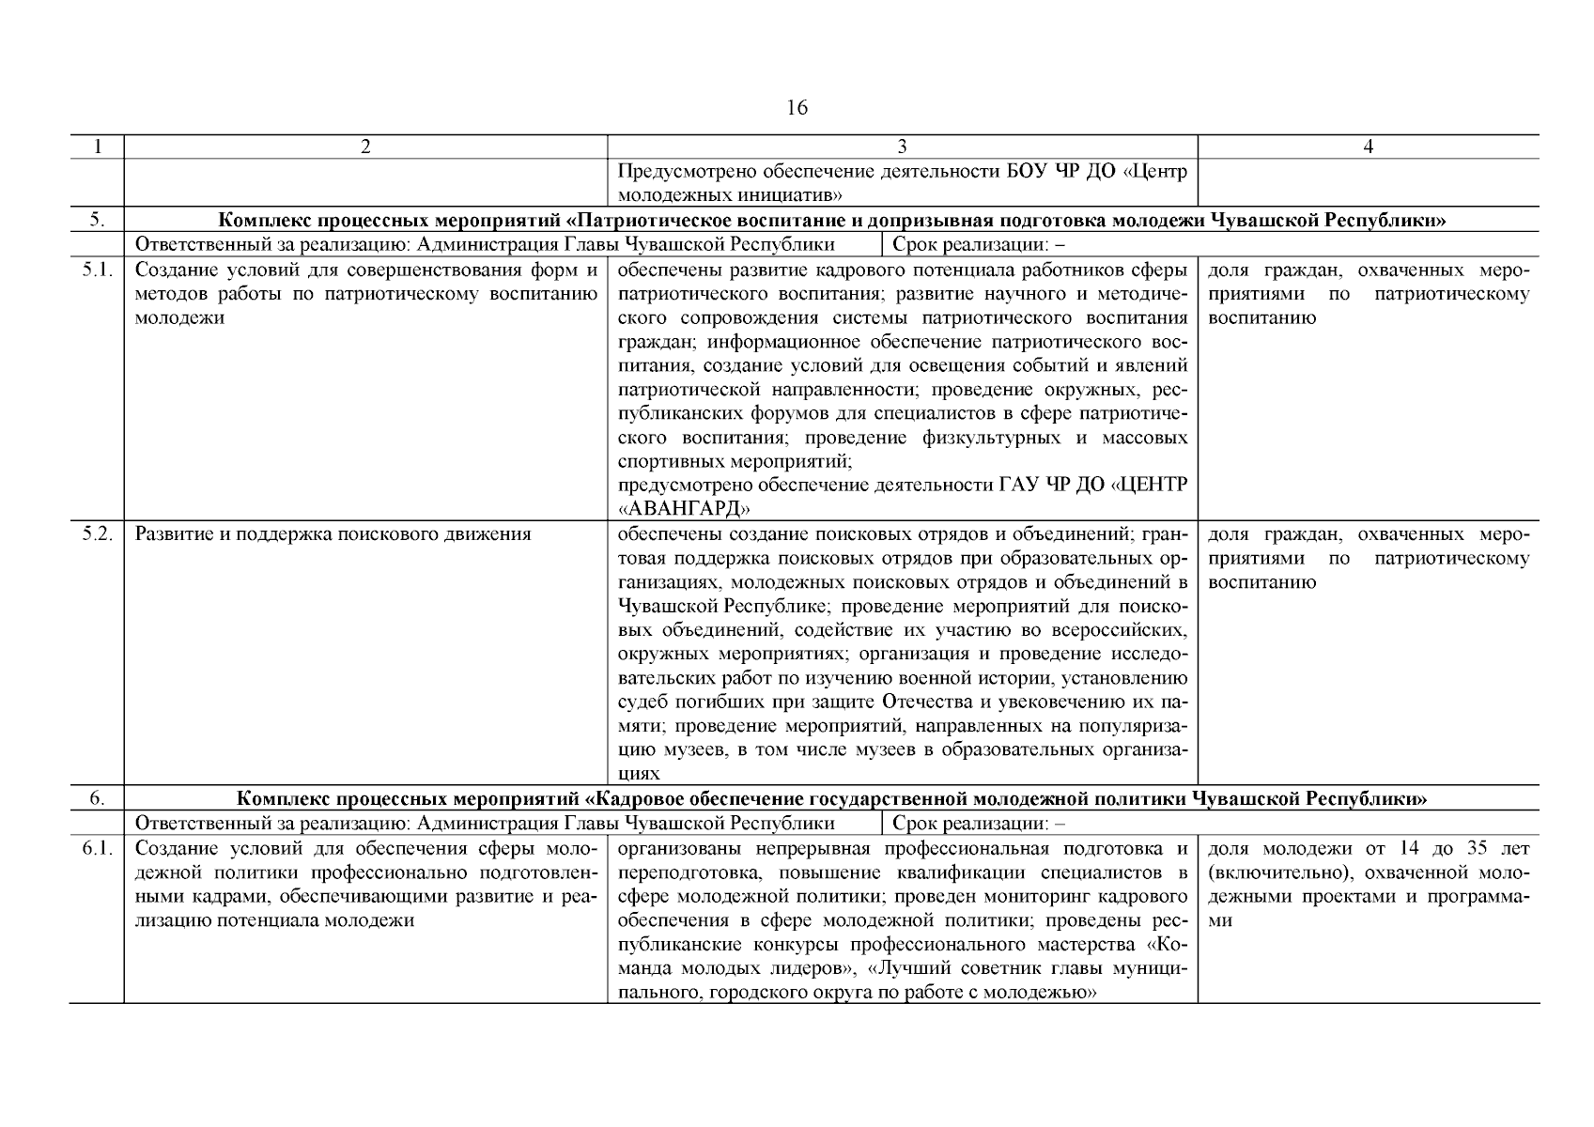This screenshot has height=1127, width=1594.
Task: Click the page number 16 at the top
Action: [x=796, y=108]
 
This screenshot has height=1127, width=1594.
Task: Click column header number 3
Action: [x=902, y=147]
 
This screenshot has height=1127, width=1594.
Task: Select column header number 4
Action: [x=1368, y=147]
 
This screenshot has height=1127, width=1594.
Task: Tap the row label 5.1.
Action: [x=97, y=270]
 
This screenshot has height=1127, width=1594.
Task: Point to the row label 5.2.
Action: [x=97, y=534]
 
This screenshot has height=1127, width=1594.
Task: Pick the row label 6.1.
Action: [x=97, y=849]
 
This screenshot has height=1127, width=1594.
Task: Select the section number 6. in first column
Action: [x=97, y=798]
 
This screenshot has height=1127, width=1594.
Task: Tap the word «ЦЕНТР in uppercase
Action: [x=1149, y=485]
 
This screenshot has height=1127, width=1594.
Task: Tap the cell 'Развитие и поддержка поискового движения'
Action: [x=333, y=534]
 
